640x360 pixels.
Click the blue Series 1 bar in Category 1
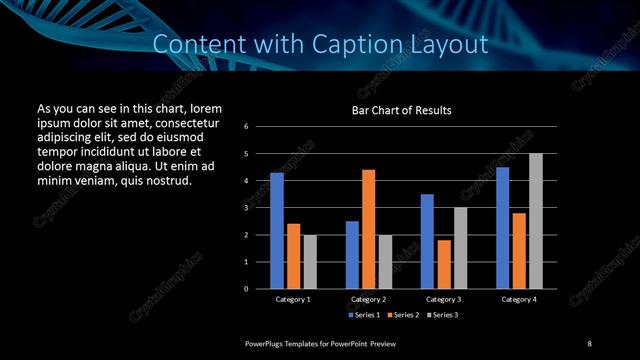pos(277,231)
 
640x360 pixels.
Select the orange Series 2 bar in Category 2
pos(368,229)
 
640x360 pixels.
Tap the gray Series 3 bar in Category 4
pos(536,221)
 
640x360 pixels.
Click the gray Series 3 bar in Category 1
pos(310,262)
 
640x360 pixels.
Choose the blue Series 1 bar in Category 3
pos(427,241)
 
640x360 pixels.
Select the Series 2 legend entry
pos(403,315)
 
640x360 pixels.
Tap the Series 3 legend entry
pos(441,315)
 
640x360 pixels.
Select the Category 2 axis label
pos(368,299)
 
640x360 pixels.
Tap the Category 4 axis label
pos(519,299)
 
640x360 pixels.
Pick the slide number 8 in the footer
pos(588,344)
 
